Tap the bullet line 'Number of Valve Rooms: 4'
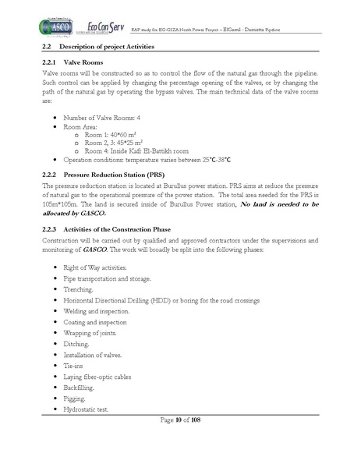(106, 117)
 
